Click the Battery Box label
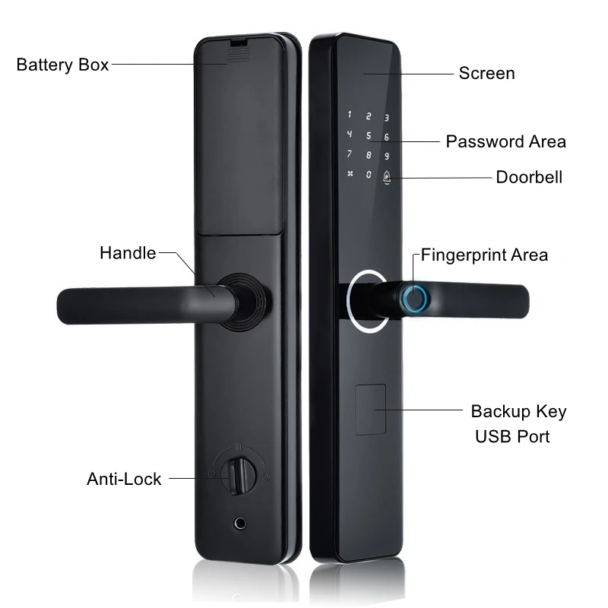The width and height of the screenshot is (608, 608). pyautogui.click(x=63, y=64)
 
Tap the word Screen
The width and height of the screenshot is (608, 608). pyautogui.click(x=486, y=73)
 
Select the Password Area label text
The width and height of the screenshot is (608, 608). pyautogui.click(x=505, y=141)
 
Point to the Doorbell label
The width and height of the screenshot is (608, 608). pyautogui.click(x=529, y=177)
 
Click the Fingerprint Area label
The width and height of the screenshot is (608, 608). pyautogui.click(x=484, y=255)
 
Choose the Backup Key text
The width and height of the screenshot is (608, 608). pyautogui.click(x=518, y=412)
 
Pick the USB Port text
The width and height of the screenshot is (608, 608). pyautogui.click(x=512, y=436)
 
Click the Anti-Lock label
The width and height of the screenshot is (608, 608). pyautogui.click(x=124, y=479)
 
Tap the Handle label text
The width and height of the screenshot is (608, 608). pyautogui.click(x=128, y=252)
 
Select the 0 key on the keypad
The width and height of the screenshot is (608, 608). pyautogui.click(x=369, y=174)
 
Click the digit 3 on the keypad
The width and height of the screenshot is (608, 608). pyautogui.click(x=387, y=118)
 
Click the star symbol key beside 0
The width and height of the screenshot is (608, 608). pyautogui.click(x=350, y=173)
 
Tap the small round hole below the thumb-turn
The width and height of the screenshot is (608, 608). pyautogui.click(x=241, y=524)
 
